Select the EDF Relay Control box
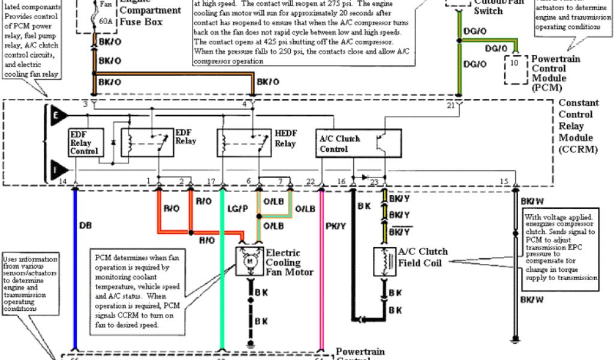pos(83,142)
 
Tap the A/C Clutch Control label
pos(339,144)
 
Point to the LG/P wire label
pos(238,208)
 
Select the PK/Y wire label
pos(335,226)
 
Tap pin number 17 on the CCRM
pos(210,181)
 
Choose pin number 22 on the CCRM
pos(310,181)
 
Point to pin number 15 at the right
pos(504,181)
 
